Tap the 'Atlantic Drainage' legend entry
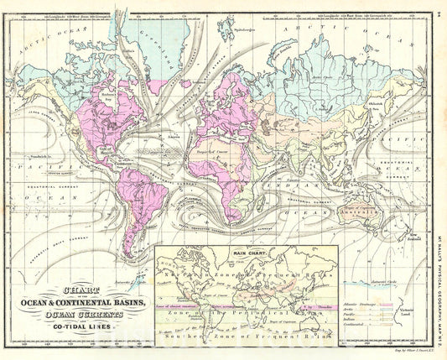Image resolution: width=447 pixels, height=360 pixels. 360,296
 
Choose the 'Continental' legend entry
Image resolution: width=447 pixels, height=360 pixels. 357,321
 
